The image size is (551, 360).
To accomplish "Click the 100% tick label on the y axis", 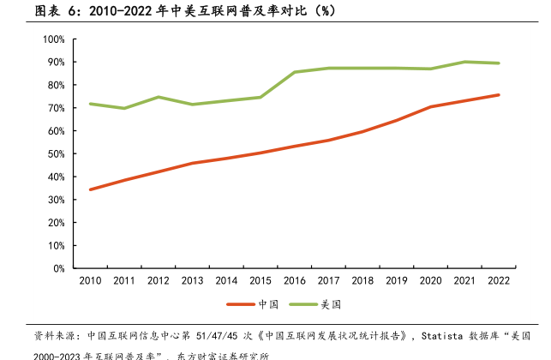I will click(53, 39).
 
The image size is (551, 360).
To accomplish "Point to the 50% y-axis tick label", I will click(56, 154).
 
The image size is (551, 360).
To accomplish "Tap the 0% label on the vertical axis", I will click(58, 268).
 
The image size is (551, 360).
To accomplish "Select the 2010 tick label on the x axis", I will click(90, 280).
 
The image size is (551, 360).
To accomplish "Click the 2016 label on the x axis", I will click(295, 280).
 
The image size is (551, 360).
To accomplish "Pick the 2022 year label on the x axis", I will click(499, 280).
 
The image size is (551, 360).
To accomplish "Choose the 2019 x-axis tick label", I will click(397, 280).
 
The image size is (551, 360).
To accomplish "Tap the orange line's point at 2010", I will click(90, 189).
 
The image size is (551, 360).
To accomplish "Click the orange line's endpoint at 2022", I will click(499, 95).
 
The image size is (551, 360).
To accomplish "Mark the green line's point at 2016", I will click(295, 72).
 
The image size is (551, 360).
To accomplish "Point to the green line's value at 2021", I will click(465, 62).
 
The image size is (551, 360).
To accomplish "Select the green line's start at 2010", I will click(90, 104).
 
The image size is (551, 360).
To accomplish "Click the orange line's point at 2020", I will click(431, 107).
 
